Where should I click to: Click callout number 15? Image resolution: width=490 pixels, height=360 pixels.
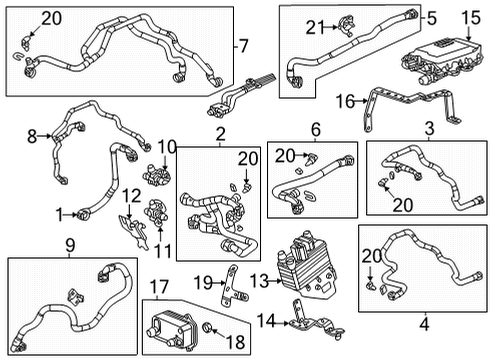click(471, 18)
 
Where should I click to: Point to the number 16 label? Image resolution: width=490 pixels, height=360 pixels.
click(343, 101)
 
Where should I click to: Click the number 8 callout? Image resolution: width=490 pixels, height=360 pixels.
click(32, 136)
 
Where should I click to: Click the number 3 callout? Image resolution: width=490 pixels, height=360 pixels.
click(428, 129)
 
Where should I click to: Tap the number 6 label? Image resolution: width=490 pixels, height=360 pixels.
click(315, 129)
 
